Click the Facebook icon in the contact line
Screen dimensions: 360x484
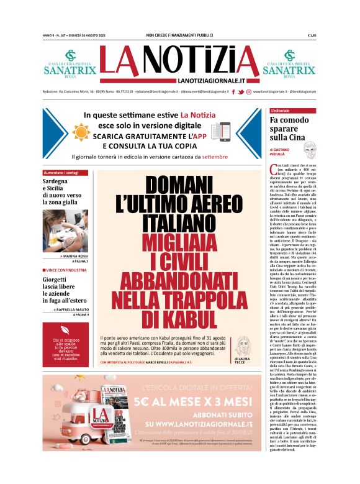[232, 92]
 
